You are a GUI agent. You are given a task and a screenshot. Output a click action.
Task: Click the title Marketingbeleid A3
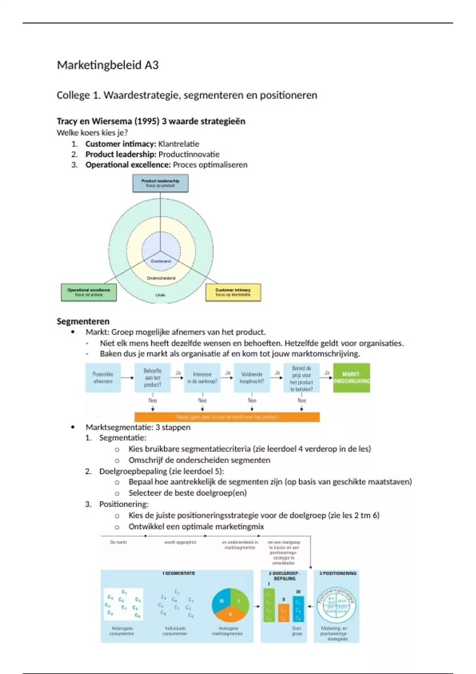pos(107,65)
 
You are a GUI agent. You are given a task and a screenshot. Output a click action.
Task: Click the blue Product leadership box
pos(160,183)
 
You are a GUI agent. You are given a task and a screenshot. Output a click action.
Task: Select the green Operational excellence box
pos(88,292)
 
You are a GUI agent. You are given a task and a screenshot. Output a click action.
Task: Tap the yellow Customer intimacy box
pos(233,292)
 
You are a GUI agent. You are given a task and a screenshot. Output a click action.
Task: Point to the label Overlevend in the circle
pos(161,261)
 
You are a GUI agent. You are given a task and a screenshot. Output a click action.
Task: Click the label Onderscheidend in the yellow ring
pos(161,278)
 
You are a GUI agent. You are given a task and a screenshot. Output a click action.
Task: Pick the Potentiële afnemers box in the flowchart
pos(103,378)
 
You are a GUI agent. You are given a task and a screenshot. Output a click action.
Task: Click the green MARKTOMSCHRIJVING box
pos(351,378)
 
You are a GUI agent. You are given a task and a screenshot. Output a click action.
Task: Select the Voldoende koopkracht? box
pos(252,378)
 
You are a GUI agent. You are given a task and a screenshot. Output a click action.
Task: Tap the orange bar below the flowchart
pos(227,417)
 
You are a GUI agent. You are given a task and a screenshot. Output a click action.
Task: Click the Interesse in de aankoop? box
pos(202,378)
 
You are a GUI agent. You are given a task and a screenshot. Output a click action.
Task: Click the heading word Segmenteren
pos(83,321)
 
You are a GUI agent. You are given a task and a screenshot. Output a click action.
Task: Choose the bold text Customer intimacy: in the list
pos(121,144)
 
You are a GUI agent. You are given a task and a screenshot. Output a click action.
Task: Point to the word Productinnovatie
pos(189,154)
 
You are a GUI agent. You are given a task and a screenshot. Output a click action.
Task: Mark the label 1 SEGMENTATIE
pos(178,573)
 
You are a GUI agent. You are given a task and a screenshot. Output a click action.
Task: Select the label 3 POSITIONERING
pos(338,573)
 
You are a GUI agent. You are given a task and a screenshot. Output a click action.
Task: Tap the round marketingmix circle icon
pos(336,606)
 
